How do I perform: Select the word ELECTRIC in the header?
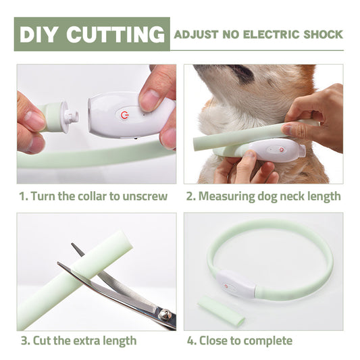(x=269, y=34)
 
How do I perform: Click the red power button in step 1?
(x=124, y=115)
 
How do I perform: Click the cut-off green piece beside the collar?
(x=222, y=310)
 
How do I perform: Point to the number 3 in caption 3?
(x=22, y=340)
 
